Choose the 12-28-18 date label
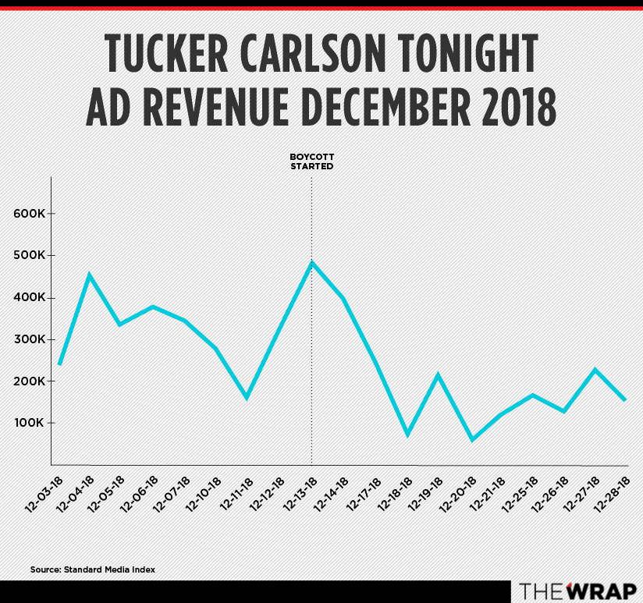coord(615,493)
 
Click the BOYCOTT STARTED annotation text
coord(312,162)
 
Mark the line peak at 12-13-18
coord(312,263)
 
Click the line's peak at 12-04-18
coord(90,275)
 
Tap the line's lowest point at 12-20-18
coord(471,440)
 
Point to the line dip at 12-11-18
coord(247,398)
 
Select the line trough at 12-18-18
coord(407,435)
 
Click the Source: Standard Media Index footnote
coord(93,569)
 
